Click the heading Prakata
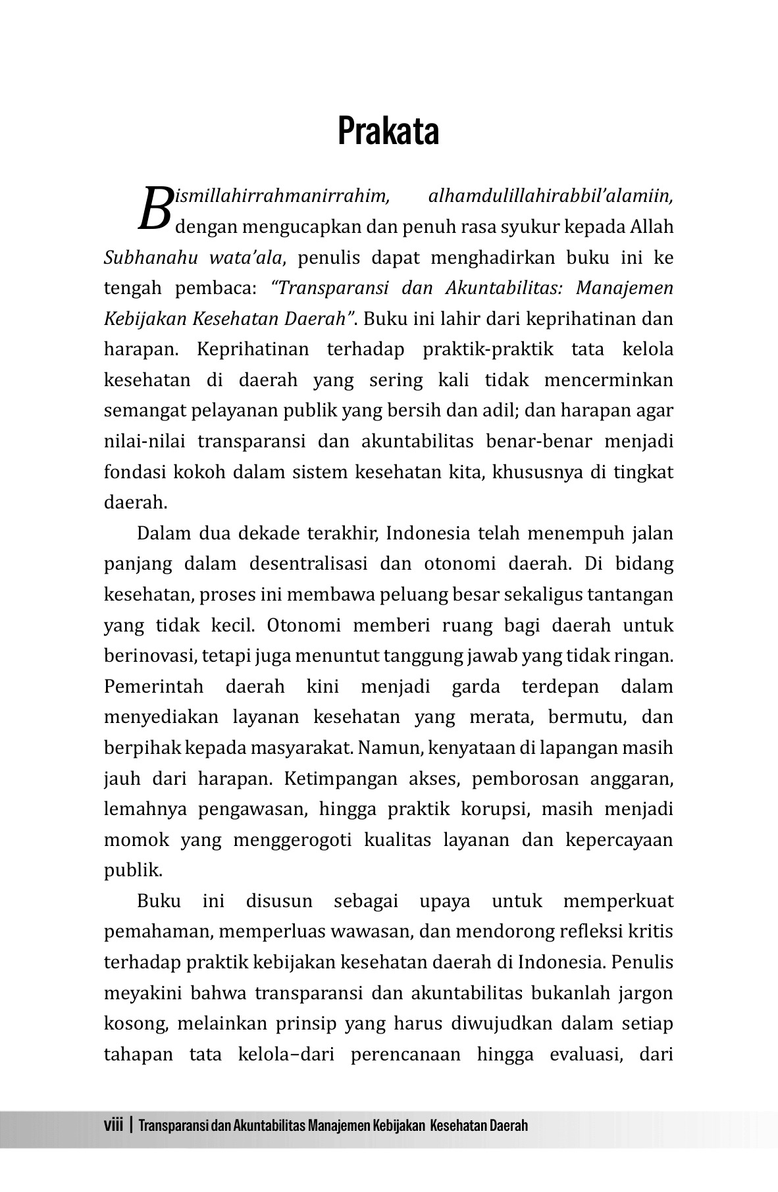(x=388, y=131)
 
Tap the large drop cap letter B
(x=155, y=209)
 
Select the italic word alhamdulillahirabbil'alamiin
(x=550, y=195)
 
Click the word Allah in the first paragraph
(x=652, y=226)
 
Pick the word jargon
(x=645, y=993)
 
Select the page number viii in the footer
(x=114, y=1125)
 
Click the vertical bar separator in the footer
(x=132, y=1125)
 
